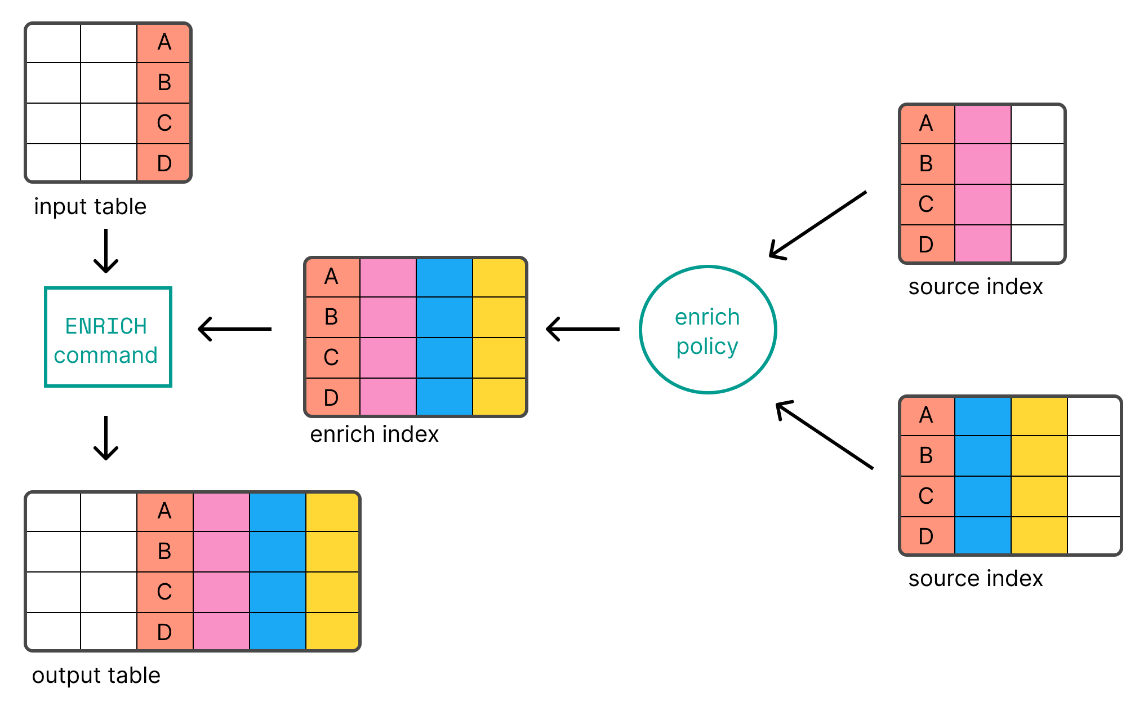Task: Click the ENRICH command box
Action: point(108,337)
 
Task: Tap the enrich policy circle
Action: point(708,330)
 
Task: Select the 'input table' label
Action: point(90,206)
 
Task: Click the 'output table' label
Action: point(96,675)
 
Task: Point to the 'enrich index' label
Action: point(374,434)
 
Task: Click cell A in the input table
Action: point(164,43)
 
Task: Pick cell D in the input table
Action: point(164,163)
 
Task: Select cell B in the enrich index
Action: point(332,317)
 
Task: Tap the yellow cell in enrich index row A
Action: point(499,277)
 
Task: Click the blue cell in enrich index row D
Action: point(444,397)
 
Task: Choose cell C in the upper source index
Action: point(927,205)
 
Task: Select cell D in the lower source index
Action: point(927,535)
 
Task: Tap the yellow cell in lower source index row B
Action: point(1039,456)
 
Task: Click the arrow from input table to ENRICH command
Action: point(106,251)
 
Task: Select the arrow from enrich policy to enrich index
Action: point(582,329)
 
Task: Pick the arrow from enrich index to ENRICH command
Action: point(234,329)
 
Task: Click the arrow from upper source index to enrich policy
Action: point(817,225)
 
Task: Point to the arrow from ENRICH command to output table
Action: point(106,438)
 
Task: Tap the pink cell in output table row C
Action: point(221,592)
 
